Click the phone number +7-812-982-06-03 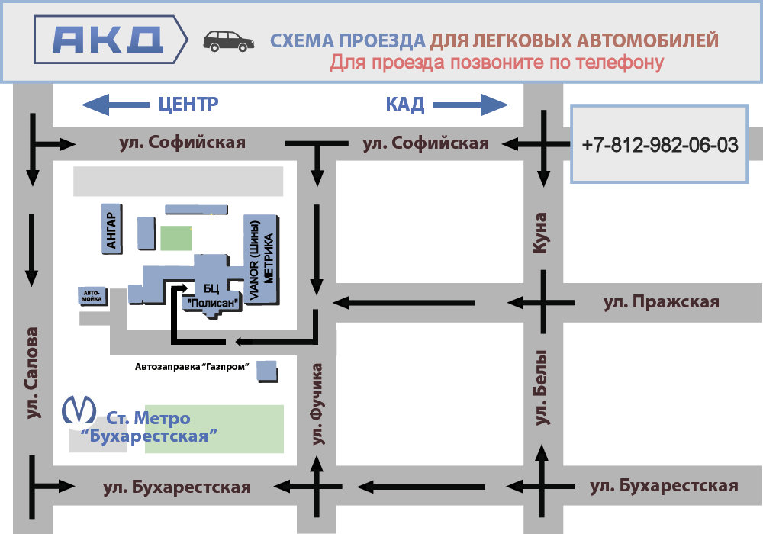coord(659,145)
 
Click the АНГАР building coord(111,228)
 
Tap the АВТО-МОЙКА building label coord(92,295)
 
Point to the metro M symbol coord(78,410)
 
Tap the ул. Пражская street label coord(661,302)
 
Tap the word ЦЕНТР coord(188,104)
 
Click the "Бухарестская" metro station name coord(149,437)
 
